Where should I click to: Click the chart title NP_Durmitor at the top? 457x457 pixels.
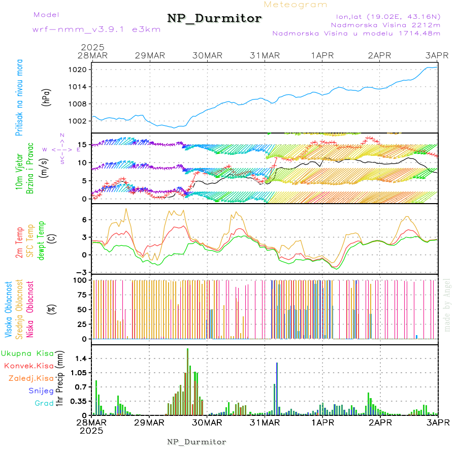point(214,19)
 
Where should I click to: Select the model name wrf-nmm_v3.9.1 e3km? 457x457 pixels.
point(96,29)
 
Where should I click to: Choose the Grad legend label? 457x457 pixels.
point(44,404)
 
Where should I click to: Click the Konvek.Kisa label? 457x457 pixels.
point(28,366)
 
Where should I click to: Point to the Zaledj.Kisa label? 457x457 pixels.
point(31,378)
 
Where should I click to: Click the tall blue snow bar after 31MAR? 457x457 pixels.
point(277,388)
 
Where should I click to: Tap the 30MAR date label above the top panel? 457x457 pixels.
point(207,55)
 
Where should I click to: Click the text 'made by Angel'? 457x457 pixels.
point(447,304)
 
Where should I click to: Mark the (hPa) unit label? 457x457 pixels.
point(47,96)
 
